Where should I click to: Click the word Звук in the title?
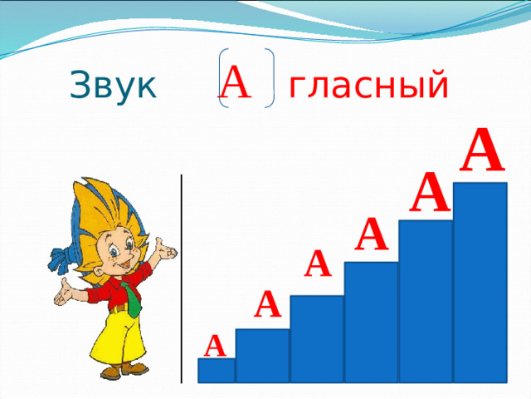pos(114,85)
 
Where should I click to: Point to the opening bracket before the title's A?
pos(221,77)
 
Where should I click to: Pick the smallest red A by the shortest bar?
pos(216,344)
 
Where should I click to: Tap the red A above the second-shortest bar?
pos(267,305)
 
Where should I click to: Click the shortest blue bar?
pos(216,371)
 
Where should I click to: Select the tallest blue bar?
pos(480,283)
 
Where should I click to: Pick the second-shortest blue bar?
pos(262,356)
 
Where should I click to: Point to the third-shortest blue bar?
pos(316,339)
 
